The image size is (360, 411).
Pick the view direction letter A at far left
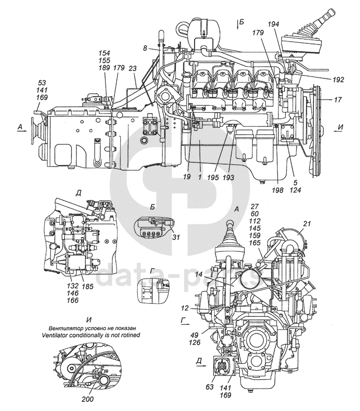pyautogui.click(x=20, y=127)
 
